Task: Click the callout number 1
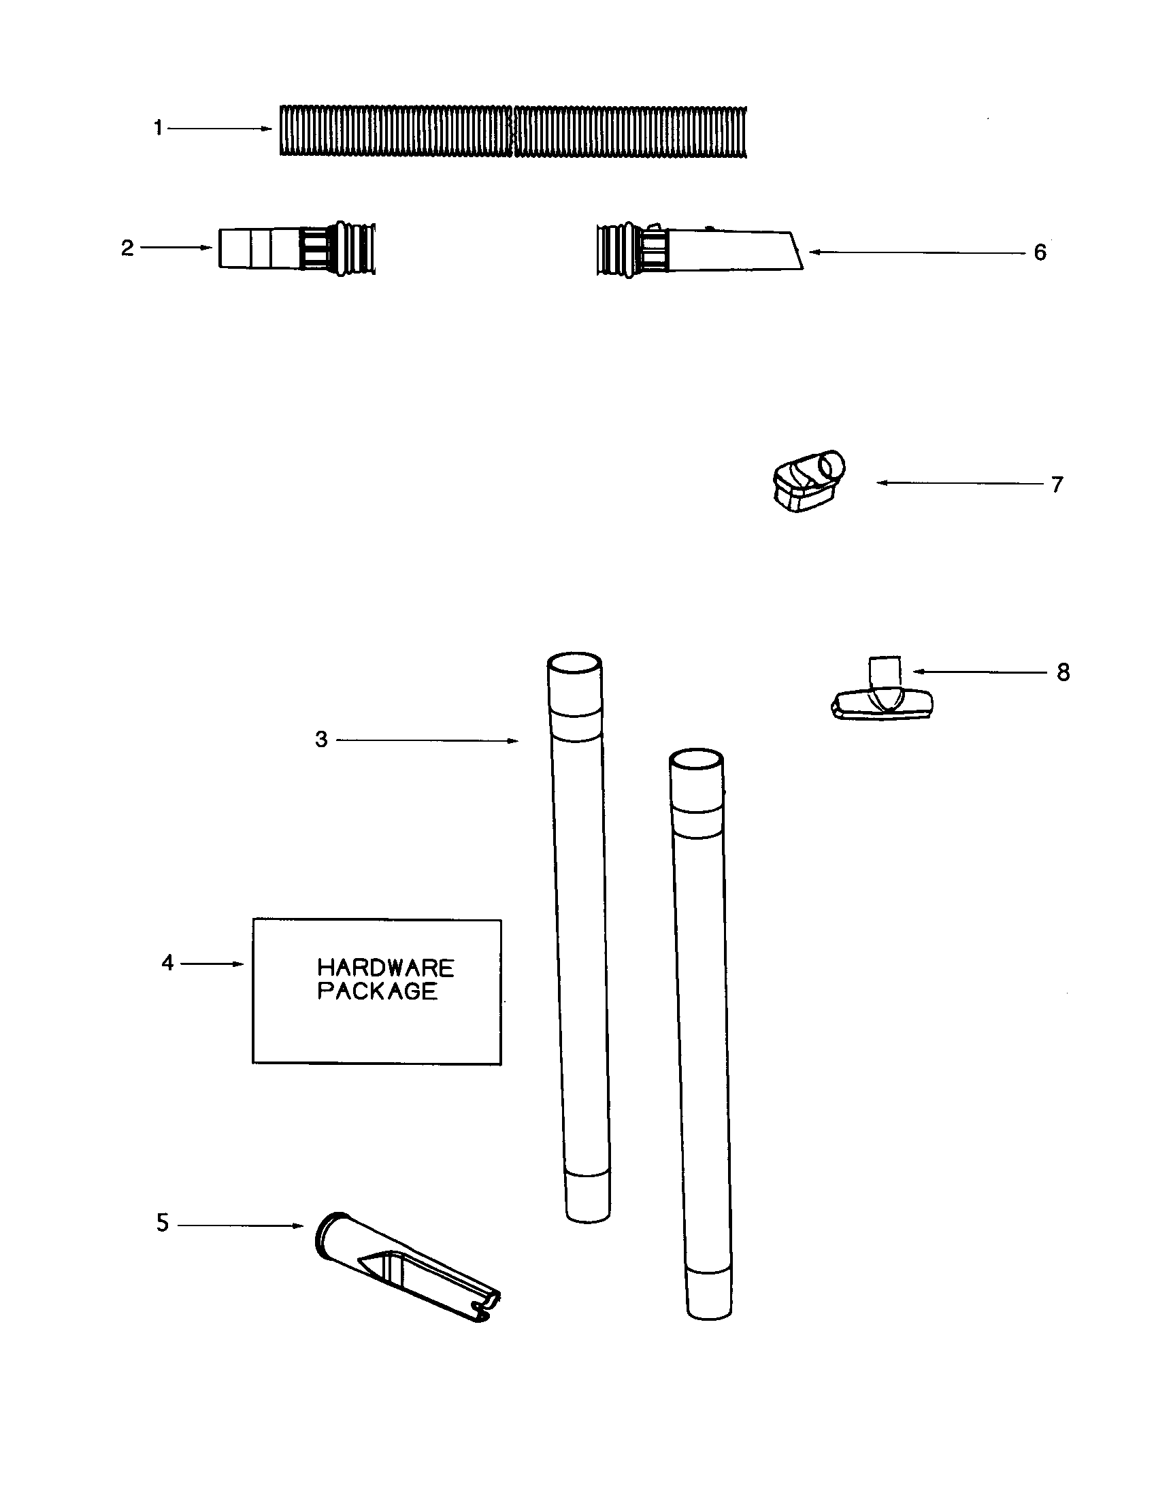(159, 128)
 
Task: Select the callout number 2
(127, 248)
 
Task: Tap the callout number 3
(321, 740)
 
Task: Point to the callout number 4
(168, 963)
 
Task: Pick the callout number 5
(163, 1223)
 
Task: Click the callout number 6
(1040, 253)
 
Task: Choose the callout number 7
(1057, 484)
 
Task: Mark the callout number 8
(1063, 672)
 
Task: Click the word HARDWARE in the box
(386, 968)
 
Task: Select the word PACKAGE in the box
(378, 991)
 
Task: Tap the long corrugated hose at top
(512, 131)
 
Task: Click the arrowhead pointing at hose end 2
(207, 248)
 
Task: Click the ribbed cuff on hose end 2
(355, 248)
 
